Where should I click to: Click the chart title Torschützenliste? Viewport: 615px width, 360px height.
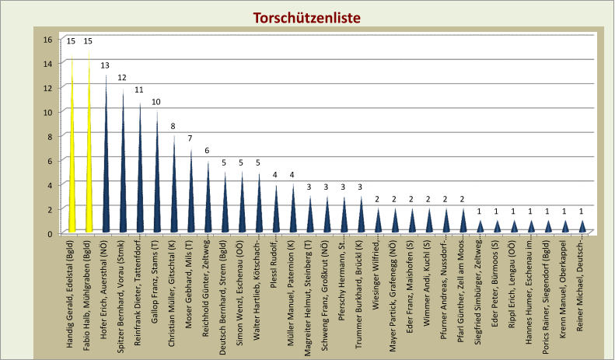pos(307,17)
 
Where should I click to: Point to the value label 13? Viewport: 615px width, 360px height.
pos(106,65)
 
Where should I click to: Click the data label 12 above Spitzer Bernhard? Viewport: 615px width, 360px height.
pos(123,78)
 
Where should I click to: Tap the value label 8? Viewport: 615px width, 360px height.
pos(174,126)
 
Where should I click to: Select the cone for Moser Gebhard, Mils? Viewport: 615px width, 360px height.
pos(191,202)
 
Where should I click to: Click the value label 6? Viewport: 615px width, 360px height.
pos(208,150)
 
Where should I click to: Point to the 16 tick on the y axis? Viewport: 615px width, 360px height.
pos(47,40)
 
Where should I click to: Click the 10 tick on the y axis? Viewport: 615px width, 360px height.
pos(47,112)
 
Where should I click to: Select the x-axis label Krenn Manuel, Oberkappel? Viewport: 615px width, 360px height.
pos(564,285)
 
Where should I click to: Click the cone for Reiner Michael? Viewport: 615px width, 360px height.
pos(582,227)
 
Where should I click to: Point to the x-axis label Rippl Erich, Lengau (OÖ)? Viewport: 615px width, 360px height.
pos(513,285)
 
